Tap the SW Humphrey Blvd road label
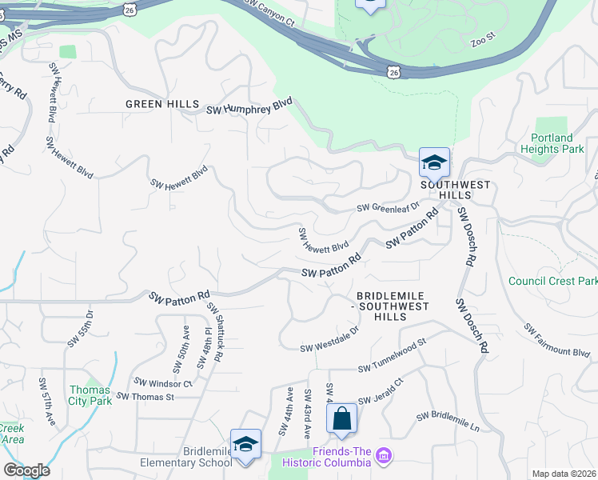[250, 109]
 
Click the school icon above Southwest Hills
[434, 163]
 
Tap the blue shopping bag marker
[341, 418]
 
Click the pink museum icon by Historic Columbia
[384, 456]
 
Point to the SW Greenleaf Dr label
[389, 207]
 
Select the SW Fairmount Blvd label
[557, 340]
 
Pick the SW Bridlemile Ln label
[448, 422]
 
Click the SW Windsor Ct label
[164, 382]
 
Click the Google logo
[26, 470]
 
